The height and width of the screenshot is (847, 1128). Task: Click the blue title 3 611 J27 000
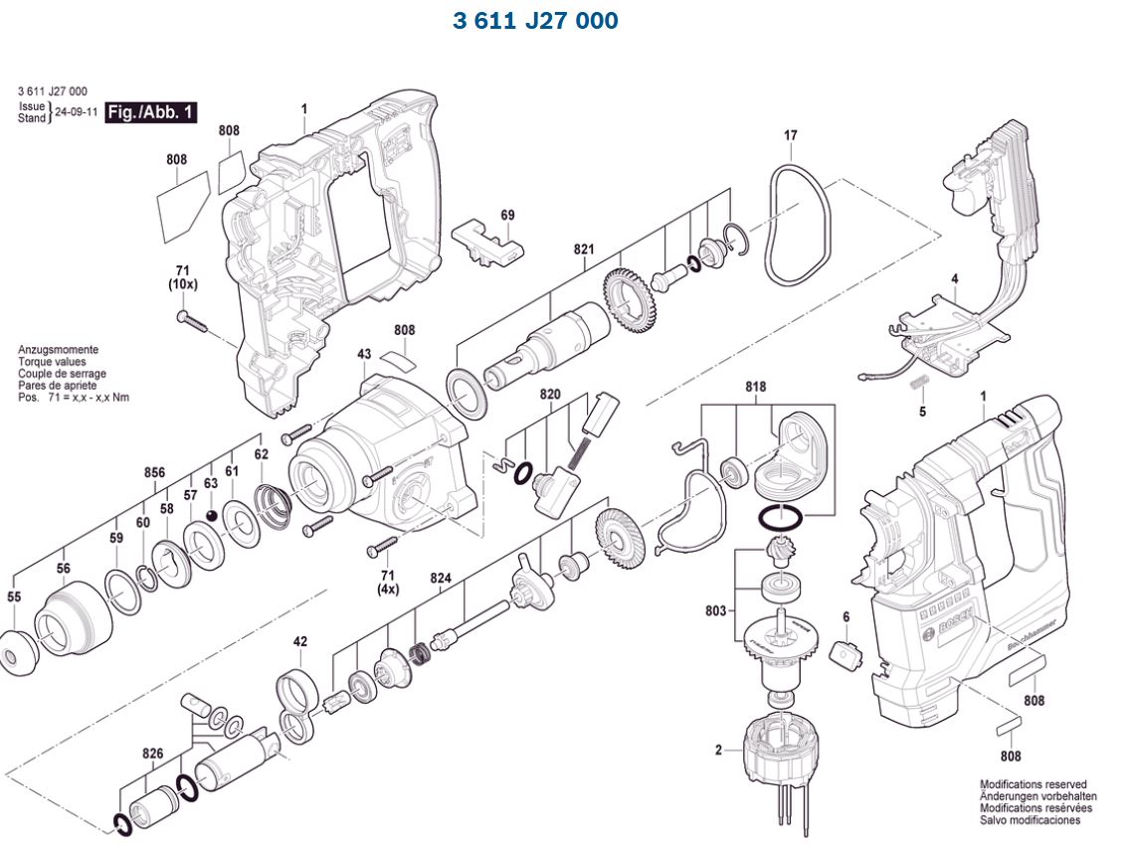pyautogui.click(x=535, y=21)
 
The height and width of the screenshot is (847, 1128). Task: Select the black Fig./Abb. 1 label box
pyautogui.click(x=151, y=112)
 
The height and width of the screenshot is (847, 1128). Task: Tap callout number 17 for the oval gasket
pyautogui.click(x=791, y=135)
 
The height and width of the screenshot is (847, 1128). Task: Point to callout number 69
pyautogui.click(x=507, y=216)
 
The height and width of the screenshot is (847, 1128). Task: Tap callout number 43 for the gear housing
pyautogui.click(x=364, y=354)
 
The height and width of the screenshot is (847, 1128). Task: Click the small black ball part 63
pyautogui.click(x=211, y=514)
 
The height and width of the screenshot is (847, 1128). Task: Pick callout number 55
pyautogui.click(x=14, y=597)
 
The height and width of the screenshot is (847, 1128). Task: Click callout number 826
pyautogui.click(x=152, y=754)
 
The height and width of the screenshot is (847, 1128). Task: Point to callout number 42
pyautogui.click(x=300, y=641)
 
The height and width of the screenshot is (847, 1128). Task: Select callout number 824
pyautogui.click(x=441, y=578)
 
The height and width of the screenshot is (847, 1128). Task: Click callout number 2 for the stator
pyautogui.click(x=718, y=750)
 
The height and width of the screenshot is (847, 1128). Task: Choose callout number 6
pyautogui.click(x=846, y=617)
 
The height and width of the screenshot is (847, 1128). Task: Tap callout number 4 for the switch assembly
pyautogui.click(x=954, y=279)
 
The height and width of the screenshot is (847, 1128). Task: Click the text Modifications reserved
pyautogui.click(x=1033, y=784)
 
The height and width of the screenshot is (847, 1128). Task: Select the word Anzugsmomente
pyautogui.click(x=58, y=350)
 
